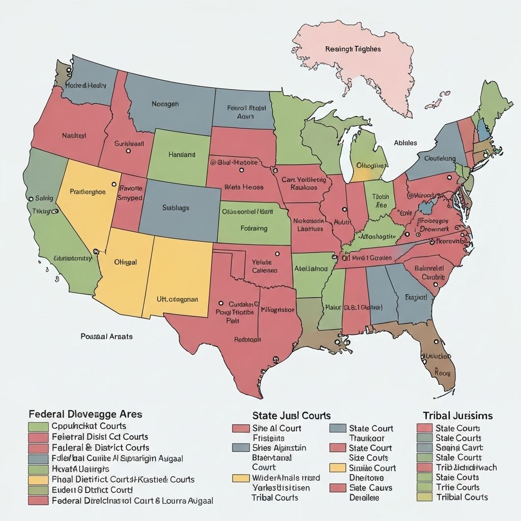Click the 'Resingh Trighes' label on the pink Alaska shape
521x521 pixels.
point(353,49)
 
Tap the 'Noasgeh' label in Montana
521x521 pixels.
point(165,104)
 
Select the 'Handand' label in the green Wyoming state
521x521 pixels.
point(182,154)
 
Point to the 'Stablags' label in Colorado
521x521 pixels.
point(176,208)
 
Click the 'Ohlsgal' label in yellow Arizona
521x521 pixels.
point(125,262)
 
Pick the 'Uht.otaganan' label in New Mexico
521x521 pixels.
point(177,300)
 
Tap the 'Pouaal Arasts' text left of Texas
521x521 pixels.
point(106,336)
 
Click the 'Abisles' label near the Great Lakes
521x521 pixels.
point(406,143)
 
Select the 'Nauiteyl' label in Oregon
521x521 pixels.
point(74,135)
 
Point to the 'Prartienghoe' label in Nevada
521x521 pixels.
point(88,192)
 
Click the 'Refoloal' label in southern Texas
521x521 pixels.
point(247,339)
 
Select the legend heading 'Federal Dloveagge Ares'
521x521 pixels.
point(85,414)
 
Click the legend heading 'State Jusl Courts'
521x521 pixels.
point(292,416)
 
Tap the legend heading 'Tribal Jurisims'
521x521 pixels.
point(457,416)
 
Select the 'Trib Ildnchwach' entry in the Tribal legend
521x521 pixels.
point(466,467)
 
